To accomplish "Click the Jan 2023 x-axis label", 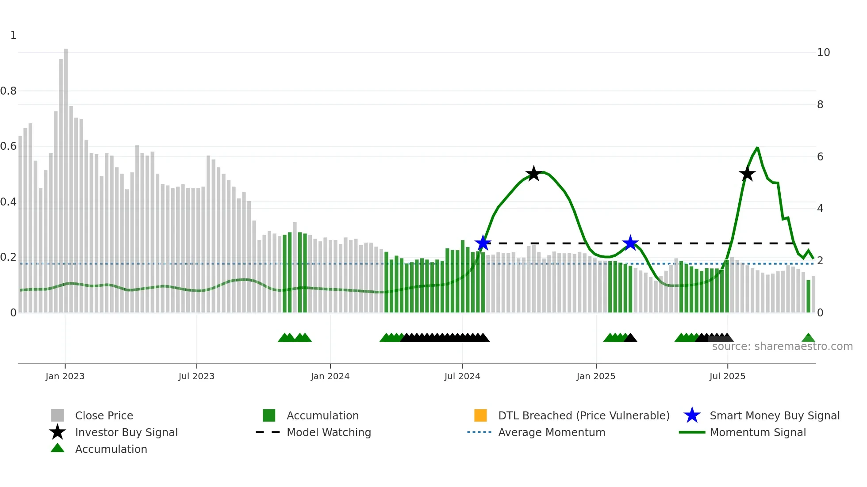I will click(x=65, y=376).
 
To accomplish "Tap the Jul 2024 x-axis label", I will click(x=462, y=376).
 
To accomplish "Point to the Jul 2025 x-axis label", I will click(x=727, y=376).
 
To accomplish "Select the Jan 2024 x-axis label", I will click(x=330, y=376).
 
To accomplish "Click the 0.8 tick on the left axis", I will click(x=8, y=91).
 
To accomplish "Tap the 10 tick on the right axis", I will click(x=823, y=53).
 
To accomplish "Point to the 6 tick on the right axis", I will click(x=820, y=157).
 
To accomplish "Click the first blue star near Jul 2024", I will click(x=483, y=243).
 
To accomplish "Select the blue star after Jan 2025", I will click(x=630, y=243).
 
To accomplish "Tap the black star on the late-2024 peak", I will click(x=533, y=174).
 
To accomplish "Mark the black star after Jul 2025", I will click(x=747, y=174).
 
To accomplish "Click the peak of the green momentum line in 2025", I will click(x=757, y=148).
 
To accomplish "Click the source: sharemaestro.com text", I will click(x=782, y=346).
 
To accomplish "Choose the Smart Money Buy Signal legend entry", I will click(x=774, y=415).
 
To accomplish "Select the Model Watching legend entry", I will click(x=328, y=432).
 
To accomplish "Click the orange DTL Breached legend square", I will click(x=480, y=415).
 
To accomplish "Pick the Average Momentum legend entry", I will click(x=551, y=432).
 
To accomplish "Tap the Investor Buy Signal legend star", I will click(x=58, y=432).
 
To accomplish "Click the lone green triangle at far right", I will click(x=808, y=338).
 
